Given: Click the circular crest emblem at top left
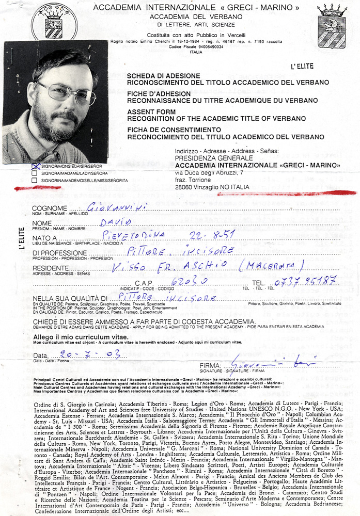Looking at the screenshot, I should coord(54,22).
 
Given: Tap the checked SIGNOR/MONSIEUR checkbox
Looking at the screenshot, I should coord(35,166).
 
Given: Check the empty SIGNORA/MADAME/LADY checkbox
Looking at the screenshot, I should coord(35,173).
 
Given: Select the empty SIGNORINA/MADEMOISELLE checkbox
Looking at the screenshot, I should coord(35,181).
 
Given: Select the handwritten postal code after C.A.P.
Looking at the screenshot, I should coord(185,282).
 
